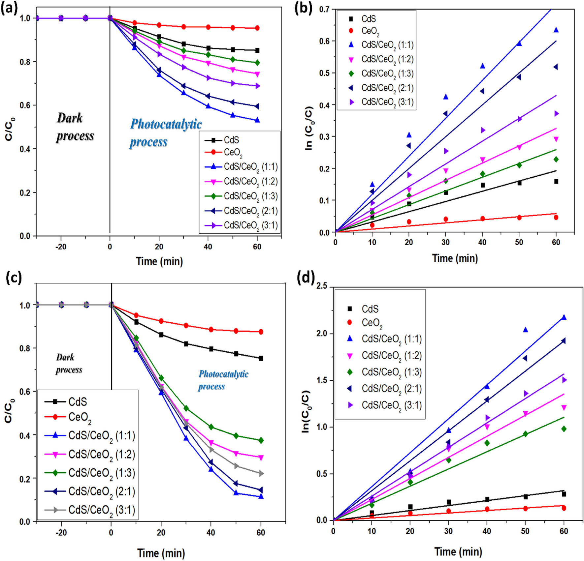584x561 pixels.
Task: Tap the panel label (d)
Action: tap(306, 278)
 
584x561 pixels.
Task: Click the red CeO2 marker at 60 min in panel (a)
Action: tap(257, 28)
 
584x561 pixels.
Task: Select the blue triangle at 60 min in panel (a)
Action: tap(257, 120)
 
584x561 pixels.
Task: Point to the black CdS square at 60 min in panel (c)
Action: tap(261, 358)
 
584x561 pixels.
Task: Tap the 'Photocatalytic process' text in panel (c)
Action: tap(223, 380)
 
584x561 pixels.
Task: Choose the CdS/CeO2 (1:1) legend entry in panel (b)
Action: tap(387, 45)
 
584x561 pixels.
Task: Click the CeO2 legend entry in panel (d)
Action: tap(372, 323)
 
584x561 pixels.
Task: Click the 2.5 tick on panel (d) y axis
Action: tap(321, 286)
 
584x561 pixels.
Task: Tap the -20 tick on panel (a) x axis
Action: tap(61, 247)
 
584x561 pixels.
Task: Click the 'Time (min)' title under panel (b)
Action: tap(455, 258)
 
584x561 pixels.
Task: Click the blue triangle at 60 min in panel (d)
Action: tap(564, 317)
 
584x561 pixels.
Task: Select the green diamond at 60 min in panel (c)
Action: tap(261, 440)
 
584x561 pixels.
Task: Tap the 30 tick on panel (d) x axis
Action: tap(448, 531)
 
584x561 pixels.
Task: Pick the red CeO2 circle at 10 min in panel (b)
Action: tap(372, 225)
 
